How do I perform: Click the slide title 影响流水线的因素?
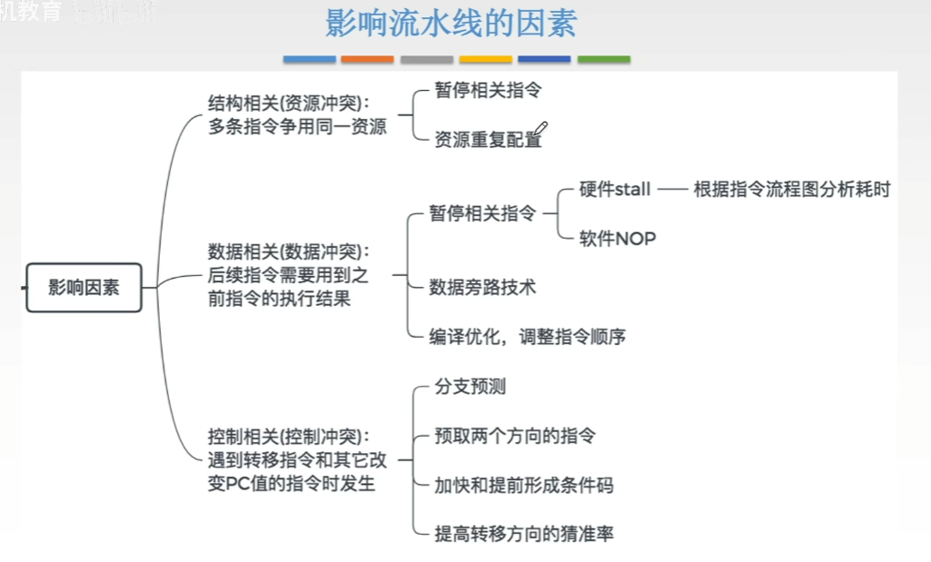click(x=451, y=25)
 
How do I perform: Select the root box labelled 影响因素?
click(x=84, y=288)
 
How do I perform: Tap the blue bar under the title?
click(x=309, y=60)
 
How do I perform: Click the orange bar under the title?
click(x=368, y=60)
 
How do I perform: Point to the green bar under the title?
click(x=603, y=60)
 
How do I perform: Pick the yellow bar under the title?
click(x=486, y=60)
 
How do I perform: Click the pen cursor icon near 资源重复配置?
click(x=541, y=130)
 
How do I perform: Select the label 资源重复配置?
click(x=486, y=141)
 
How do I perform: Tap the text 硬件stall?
click(x=615, y=190)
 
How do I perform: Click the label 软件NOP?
click(x=618, y=239)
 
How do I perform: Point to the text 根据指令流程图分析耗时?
click(x=791, y=190)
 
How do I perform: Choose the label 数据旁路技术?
click(x=482, y=288)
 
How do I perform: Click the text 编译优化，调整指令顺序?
click(x=527, y=337)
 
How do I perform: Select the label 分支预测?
click(x=470, y=387)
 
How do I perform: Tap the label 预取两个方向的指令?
click(x=515, y=436)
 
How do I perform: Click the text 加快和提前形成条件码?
click(x=524, y=485)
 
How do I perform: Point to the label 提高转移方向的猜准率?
click(x=524, y=534)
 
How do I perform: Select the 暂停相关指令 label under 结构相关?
click(x=488, y=91)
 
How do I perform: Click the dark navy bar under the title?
click(x=544, y=60)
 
